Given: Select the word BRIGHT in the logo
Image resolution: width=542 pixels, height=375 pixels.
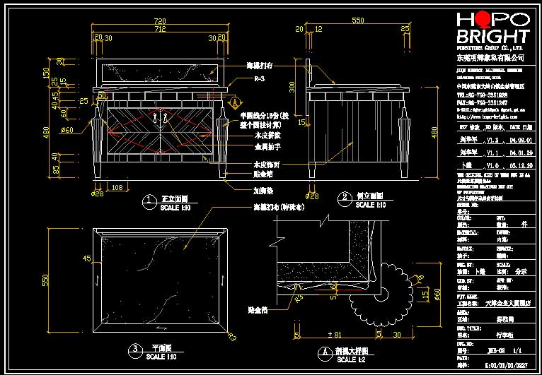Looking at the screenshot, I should coord(492,37).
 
